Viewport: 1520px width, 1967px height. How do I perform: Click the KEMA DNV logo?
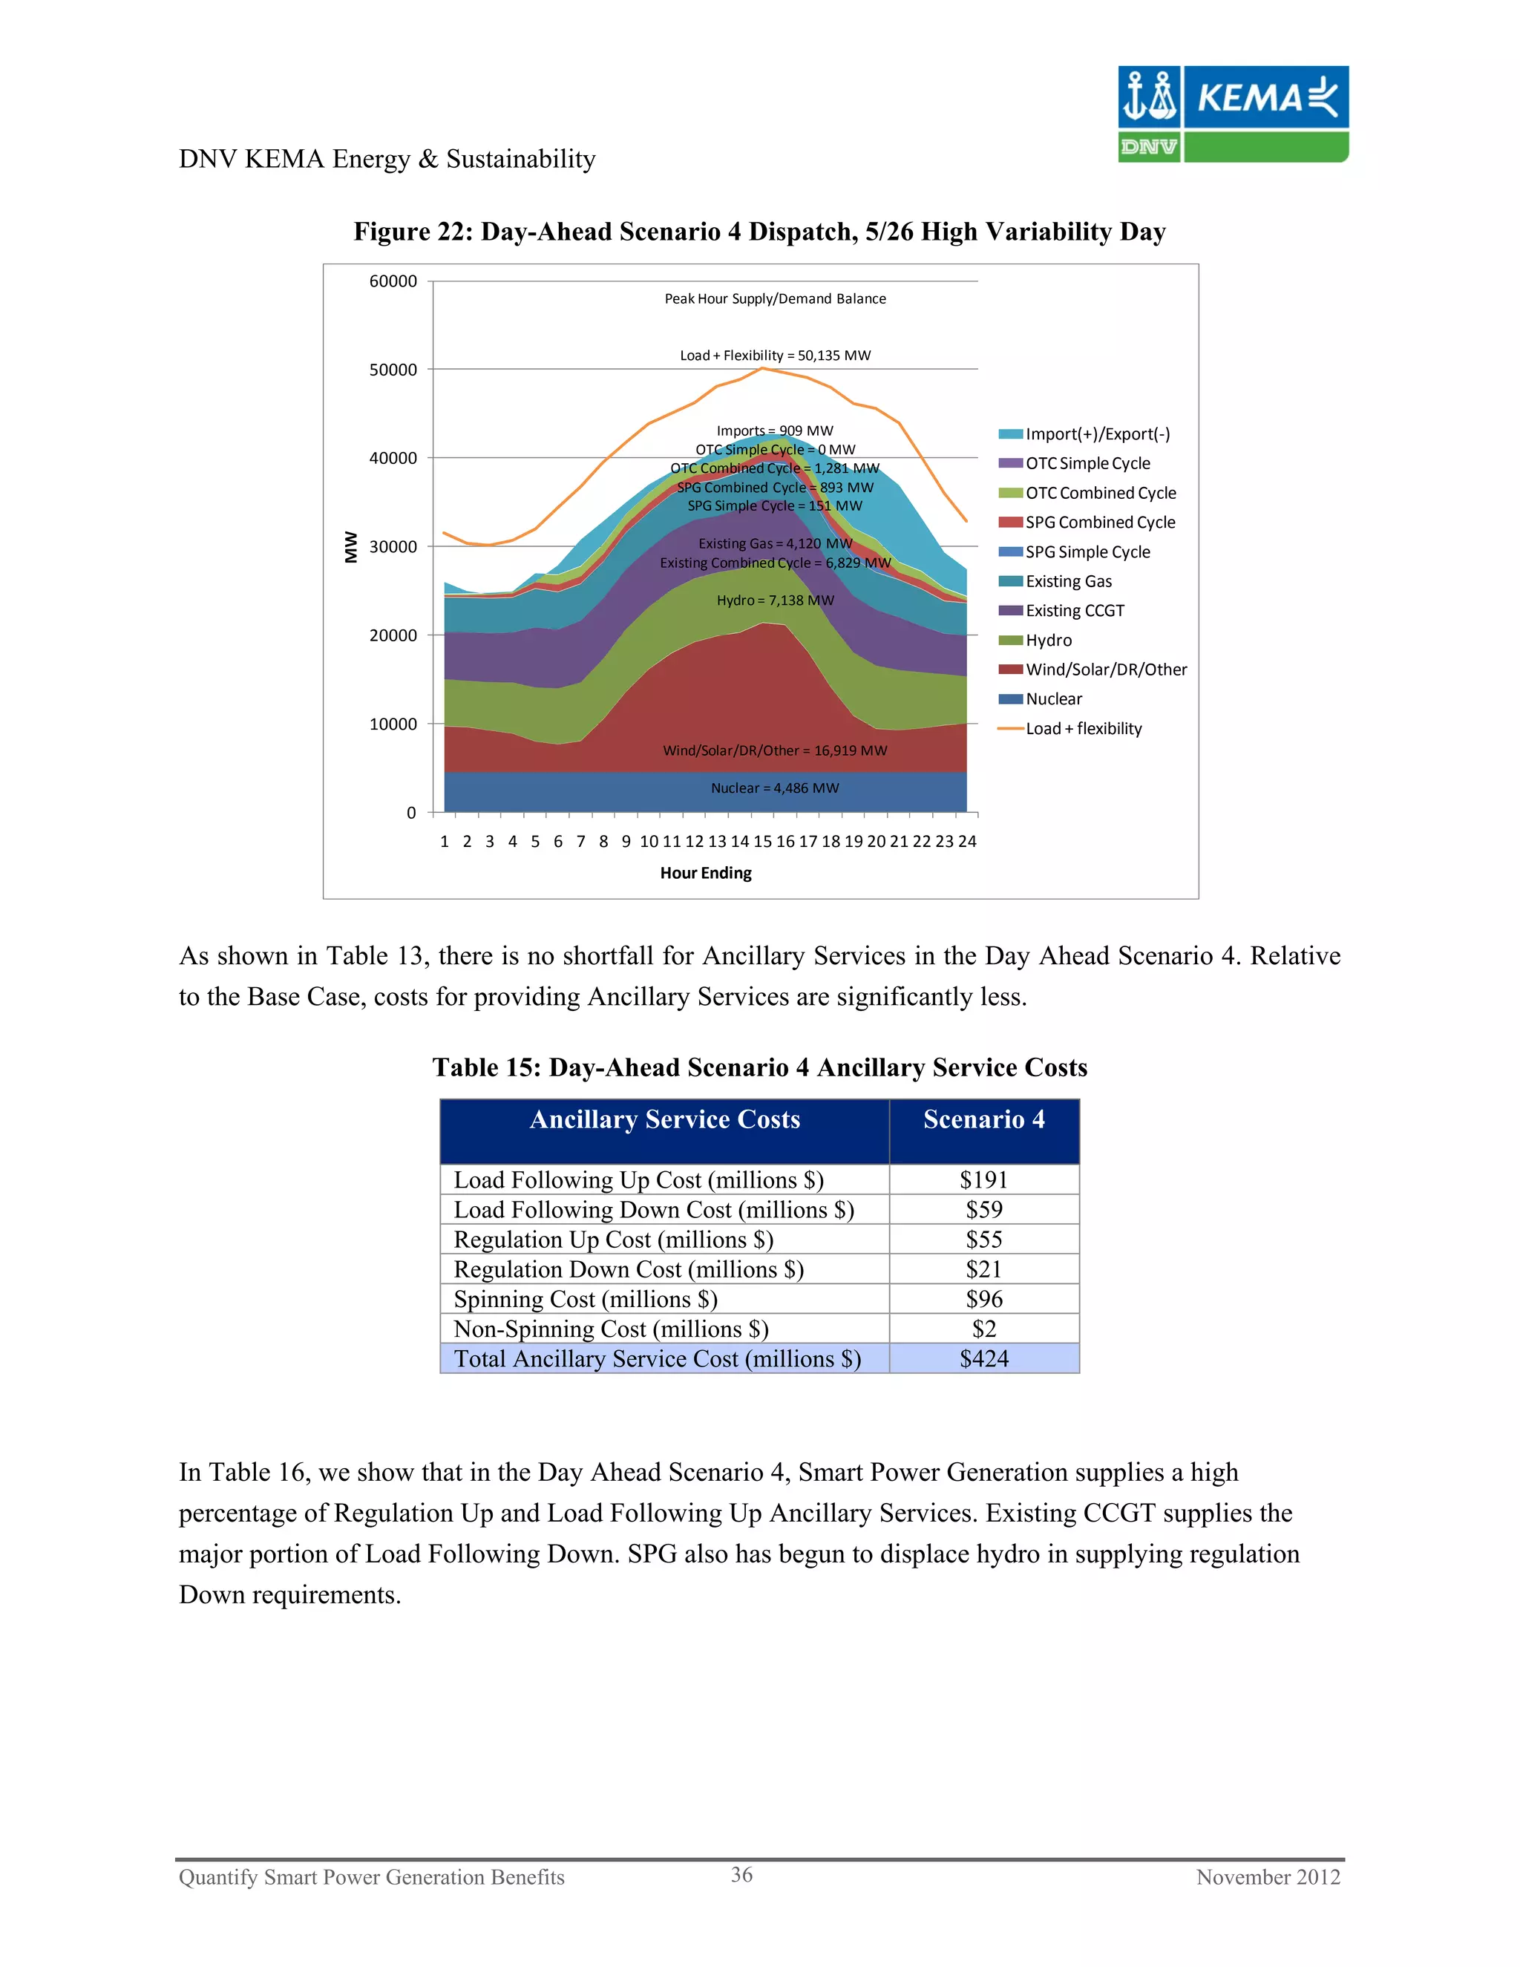[1232, 114]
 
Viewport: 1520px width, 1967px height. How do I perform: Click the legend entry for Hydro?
[1048, 641]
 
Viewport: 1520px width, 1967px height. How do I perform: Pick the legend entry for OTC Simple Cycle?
[1087, 463]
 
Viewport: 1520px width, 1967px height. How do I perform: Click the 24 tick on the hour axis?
[967, 841]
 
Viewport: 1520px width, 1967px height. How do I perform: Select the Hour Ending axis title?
[706, 873]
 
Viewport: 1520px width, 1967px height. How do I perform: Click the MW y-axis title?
[351, 547]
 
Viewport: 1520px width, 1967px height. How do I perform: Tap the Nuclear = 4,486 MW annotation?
[774, 788]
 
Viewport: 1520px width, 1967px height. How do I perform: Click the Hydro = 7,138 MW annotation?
[774, 600]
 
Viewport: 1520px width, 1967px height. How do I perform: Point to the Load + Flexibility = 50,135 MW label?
[774, 356]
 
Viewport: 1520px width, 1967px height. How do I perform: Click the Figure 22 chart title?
[759, 232]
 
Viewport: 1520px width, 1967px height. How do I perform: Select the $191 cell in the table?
[983, 1180]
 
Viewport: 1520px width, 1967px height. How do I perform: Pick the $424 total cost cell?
[983, 1358]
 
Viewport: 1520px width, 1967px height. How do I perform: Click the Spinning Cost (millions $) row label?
[586, 1299]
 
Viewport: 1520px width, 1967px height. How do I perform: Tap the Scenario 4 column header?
[983, 1119]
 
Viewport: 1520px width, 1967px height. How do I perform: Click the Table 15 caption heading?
[759, 1067]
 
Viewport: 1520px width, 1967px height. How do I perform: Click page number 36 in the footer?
[741, 1874]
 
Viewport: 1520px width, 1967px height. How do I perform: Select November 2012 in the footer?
[1267, 1877]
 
